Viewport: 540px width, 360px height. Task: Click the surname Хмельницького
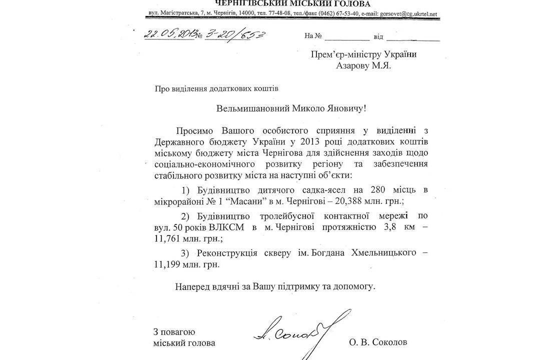[386, 253]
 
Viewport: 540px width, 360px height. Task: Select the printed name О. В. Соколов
[379, 343]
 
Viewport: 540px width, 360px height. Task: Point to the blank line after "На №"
[349, 38]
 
